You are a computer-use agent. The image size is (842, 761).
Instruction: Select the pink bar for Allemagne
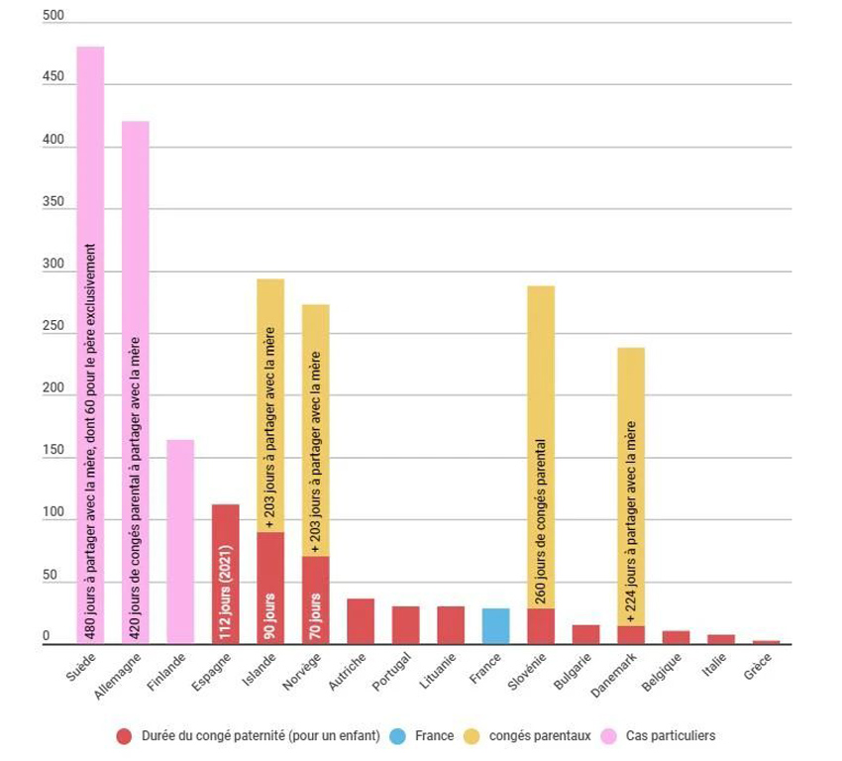click(136, 382)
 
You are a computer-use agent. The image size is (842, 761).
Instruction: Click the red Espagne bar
click(226, 575)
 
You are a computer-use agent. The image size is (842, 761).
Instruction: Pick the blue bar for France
click(496, 626)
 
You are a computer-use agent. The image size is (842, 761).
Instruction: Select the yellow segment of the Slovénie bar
click(541, 446)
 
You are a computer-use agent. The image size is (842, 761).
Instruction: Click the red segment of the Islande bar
click(270, 589)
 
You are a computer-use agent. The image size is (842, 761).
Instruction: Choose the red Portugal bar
click(406, 625)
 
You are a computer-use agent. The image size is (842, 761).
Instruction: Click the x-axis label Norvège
click(301, 673)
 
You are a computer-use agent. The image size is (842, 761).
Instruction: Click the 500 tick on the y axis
click(53, 16)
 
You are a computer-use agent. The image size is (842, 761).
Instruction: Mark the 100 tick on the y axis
click(53, 513)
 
